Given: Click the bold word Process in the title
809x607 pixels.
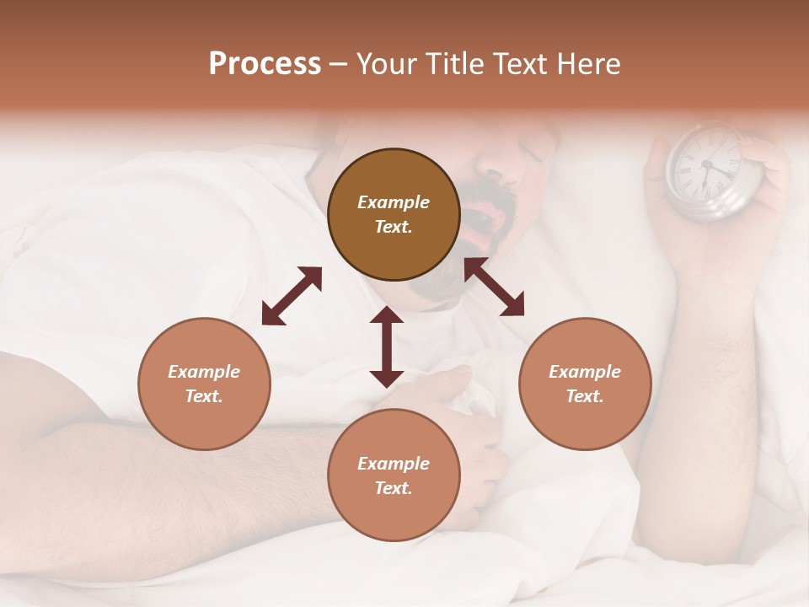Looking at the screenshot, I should coord(265,64).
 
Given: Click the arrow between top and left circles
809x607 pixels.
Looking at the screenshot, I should coord(292,296).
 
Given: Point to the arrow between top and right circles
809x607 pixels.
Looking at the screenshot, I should coord(494,287).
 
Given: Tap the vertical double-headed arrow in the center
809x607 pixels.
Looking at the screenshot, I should coord(387,346).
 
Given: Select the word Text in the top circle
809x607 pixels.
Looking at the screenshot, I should coord(393,227).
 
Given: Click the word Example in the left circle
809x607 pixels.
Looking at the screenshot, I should coord(204,372).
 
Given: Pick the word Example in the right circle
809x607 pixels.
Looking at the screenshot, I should coord(585,372).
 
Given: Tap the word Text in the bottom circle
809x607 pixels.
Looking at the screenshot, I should coord(393,488).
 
